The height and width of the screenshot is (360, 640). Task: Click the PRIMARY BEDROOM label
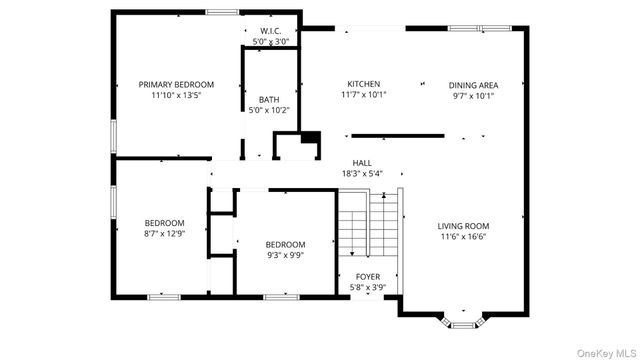176,85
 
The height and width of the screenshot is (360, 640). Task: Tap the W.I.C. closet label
270,31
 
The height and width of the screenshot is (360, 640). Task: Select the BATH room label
269,99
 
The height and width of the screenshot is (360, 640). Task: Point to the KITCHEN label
363,84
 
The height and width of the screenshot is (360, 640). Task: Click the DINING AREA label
473,85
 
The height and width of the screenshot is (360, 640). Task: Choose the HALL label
362,162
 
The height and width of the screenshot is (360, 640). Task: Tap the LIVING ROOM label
463,226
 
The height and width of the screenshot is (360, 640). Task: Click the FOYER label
367,276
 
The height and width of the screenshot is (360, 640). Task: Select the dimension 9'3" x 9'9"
285,255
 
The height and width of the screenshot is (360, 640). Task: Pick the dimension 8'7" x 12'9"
164,233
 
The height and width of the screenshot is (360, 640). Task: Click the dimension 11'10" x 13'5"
176,96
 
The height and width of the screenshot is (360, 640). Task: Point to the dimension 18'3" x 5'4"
362,173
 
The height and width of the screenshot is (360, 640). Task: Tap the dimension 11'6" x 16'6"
463,237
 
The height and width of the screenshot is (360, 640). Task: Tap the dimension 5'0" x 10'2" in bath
269,110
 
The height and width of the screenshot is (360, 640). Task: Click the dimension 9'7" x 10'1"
473,96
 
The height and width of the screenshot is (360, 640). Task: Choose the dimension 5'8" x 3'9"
367,287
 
